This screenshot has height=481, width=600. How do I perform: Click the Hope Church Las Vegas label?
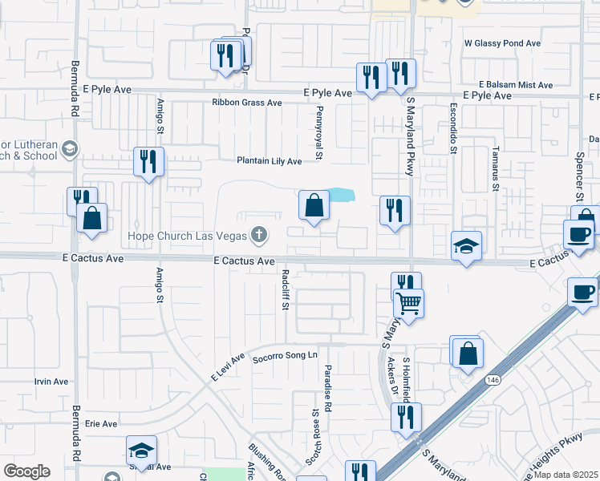pos(189,236)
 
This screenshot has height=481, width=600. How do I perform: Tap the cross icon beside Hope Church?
pos(258,235)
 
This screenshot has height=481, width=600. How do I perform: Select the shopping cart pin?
pos(409,304)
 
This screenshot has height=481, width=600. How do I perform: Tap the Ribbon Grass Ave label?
pos(247,103)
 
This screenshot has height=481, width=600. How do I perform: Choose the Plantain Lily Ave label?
pos(269,161)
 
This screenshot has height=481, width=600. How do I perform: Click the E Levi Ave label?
pos(227,366)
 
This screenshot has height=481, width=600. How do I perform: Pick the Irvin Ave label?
pos(51,382)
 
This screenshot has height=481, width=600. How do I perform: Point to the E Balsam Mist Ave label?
pos(516,84)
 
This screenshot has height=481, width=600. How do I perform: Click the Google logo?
pos(26,471)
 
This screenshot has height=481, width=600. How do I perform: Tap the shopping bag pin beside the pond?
pos(314,206)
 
